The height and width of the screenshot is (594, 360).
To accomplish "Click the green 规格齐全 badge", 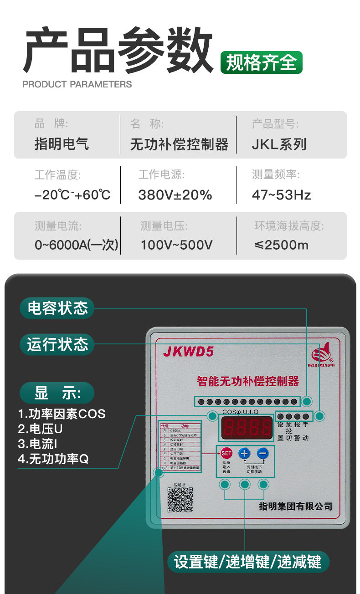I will click(261, 62).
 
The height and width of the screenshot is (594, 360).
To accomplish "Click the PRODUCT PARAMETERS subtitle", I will click(77, 84).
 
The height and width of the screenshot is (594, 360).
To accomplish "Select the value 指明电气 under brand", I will click(62, 144).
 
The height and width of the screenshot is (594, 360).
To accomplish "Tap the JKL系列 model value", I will click(279, 144).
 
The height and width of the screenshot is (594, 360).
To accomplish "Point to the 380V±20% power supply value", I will click(175, 195).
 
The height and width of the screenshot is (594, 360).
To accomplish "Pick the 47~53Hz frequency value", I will click(281, 195).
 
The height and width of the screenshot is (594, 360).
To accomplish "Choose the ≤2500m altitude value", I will click(281, 245).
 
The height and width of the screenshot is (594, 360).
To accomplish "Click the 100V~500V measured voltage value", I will click(176, 245).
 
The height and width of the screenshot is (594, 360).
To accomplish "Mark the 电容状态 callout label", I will click(57, 308).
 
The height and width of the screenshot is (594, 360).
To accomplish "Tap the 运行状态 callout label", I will click(57, 344).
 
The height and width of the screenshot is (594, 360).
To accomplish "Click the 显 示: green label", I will click(57, 393).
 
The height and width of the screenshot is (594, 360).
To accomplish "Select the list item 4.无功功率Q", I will click(53, 459).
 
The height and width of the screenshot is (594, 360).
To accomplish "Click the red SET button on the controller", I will click(226, 453).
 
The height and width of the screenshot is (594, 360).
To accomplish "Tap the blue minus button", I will click(262, 453).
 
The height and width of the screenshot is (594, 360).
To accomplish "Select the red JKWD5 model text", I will click(188, 352).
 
